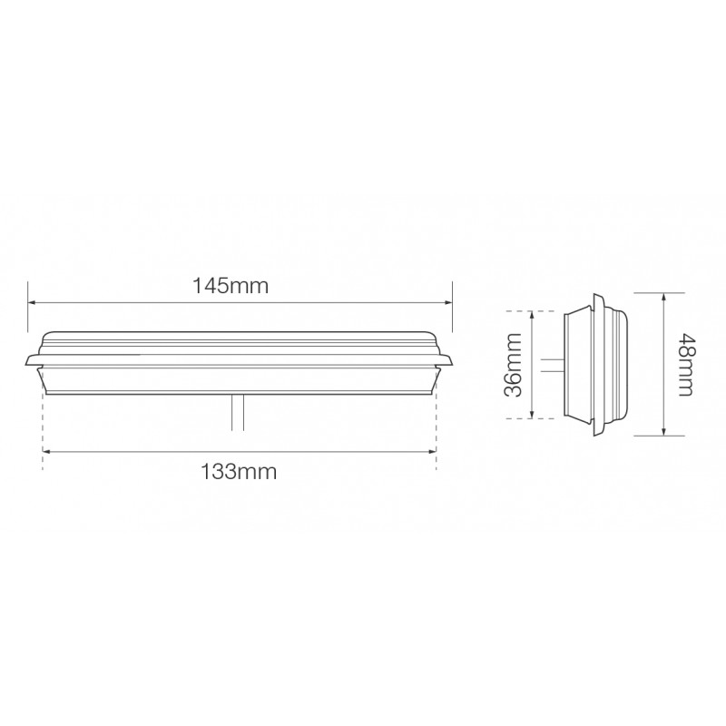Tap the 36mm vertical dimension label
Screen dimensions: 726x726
513,364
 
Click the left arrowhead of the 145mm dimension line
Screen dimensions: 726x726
33,303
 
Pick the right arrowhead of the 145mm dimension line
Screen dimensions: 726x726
447,303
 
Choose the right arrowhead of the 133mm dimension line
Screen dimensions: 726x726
432,452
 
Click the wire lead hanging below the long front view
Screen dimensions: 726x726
237,415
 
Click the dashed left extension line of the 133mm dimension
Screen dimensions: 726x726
43,427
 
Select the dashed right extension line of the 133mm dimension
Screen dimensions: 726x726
437,427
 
